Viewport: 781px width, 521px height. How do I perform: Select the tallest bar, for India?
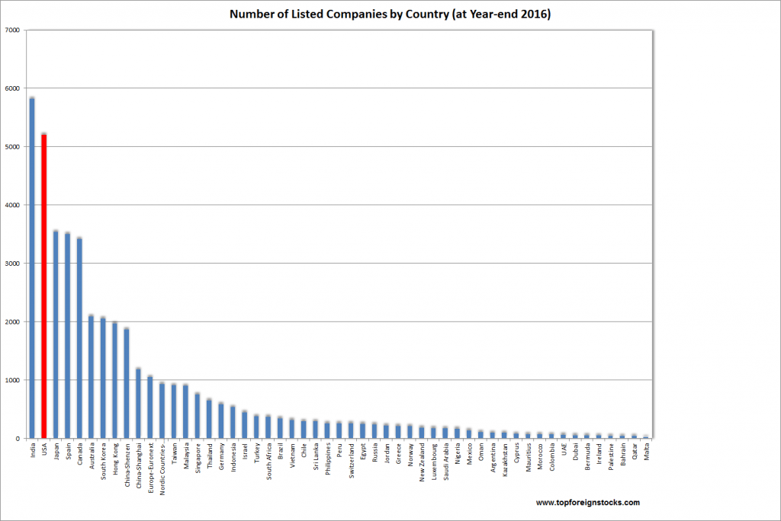[x=32, y=267]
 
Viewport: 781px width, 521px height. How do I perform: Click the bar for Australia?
[x=92, y=376]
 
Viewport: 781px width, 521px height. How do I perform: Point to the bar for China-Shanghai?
[x=139, y=403]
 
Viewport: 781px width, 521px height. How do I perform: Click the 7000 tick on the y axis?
[x=12, y=30]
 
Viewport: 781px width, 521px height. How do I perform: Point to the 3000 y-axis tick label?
[x=12, y=264]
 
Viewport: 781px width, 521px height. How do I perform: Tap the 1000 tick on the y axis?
[x=12, y=380]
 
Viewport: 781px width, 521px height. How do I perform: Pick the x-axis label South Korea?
[x=103, y=459]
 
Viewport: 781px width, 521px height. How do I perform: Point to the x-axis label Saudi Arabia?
[x=446, y=460]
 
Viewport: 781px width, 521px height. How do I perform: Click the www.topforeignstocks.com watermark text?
[x=587, y=503]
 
